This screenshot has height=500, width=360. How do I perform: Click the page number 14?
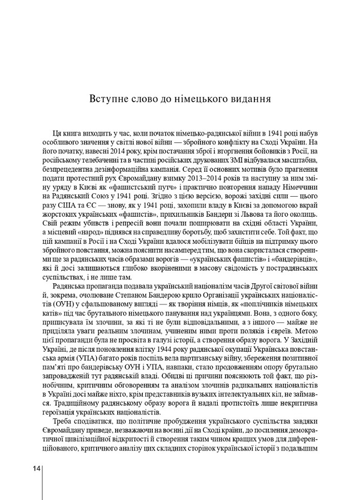(x=36, y=468)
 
